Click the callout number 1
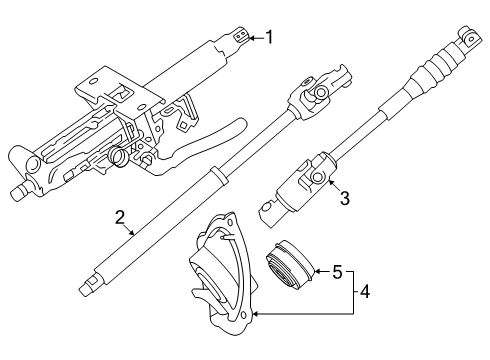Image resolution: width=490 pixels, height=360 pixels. pyautogui.click(x=269, y=37)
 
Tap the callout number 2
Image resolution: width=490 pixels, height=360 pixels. pyautogui.click(x=120, y=217)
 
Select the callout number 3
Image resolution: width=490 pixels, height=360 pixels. pyautogui.click(x=345, y=198)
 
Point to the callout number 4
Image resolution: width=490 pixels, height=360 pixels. pyautogui.click(x=365, y=292)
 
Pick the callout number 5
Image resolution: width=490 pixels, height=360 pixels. pyautogui.click(x=337, y=272)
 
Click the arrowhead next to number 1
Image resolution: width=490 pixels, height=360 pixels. pyautogui.click(x=252, y=38)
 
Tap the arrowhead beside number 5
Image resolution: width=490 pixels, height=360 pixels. pyautogui.click(x=317, y=272)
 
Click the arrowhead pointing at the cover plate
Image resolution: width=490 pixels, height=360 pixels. pyautogui.click(x=255, y=314)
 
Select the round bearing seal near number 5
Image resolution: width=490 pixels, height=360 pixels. pyautogui.click(x=290, y=265)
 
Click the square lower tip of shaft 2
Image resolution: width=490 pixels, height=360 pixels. pyautogui.click(x=87, y=286)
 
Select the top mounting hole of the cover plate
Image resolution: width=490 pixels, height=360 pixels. pyautogui.click(x=230, y=221)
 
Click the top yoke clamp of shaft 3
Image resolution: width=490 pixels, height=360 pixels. pyautogui.click(x=470, y=37)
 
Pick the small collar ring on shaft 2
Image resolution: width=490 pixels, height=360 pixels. pyautogui.click(x=218, y=176)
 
